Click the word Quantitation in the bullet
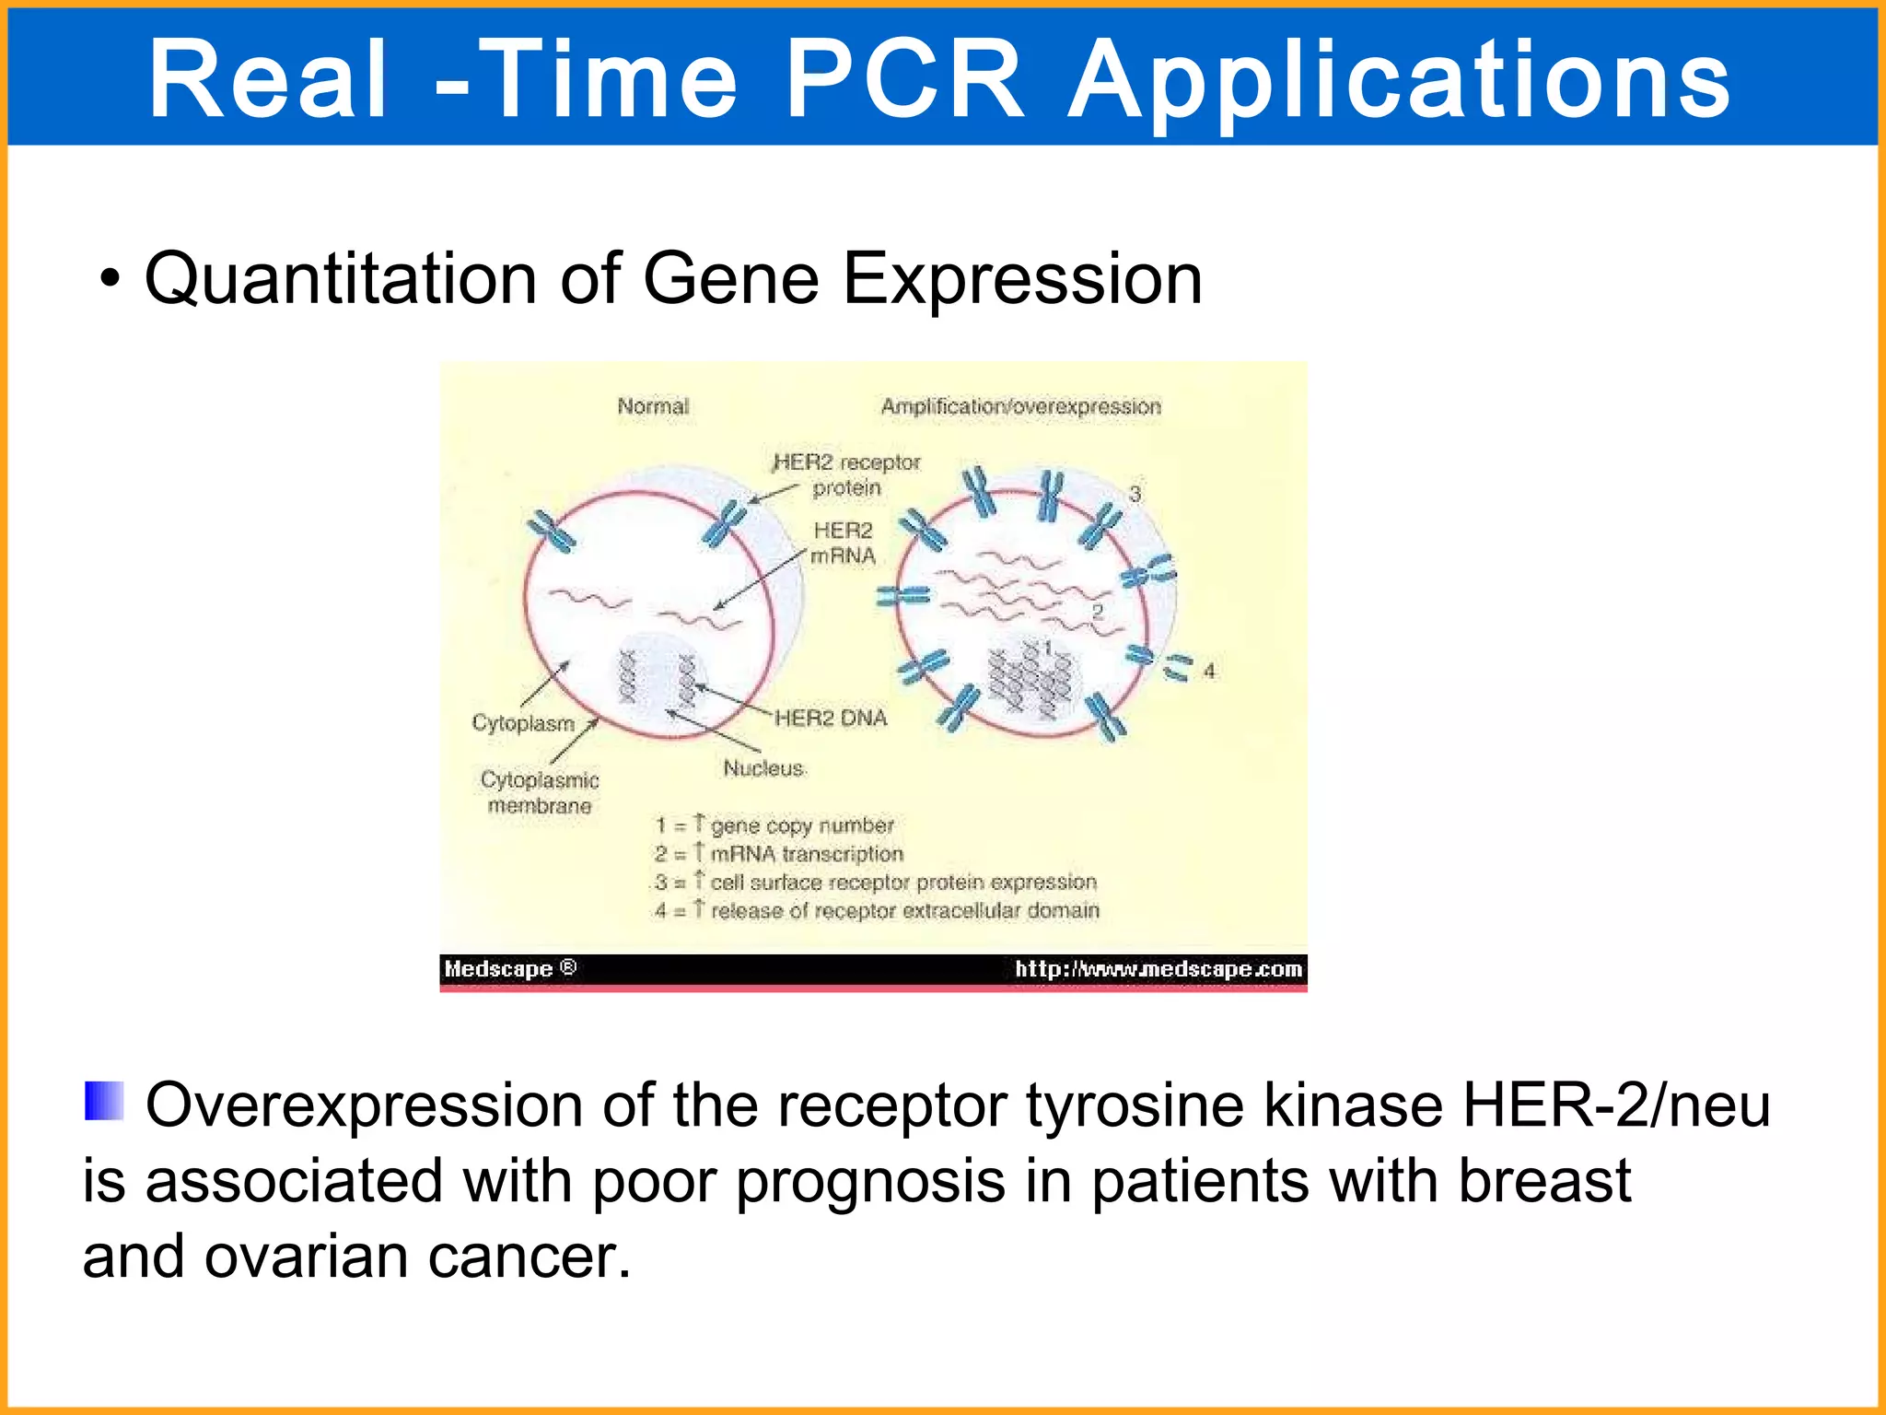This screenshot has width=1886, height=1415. pyautogui.click(x=341, y=278)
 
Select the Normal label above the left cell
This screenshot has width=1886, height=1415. pyautogui.click(x=653, y=406)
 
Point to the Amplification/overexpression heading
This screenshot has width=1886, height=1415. pyautogui.click(x=1020, y=406)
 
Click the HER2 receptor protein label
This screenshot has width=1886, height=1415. pyautogui.click(x=846, y=474)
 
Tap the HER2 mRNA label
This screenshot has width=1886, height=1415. pyautogui.click(x=843, y=543)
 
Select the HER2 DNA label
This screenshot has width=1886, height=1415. pyautogui.click(x=831, y=718)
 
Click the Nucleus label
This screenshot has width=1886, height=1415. pyautogui.click(x=763, y=767)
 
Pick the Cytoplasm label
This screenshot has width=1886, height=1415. pyautogui.click(x=522, y=723)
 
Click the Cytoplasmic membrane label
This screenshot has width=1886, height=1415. pyautogui.click(x=540, y=792)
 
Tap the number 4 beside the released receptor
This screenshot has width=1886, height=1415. pyautogui.click(x=1209, y=672)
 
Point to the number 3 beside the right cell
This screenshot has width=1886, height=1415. pyautogui.click(x=1135, y=495)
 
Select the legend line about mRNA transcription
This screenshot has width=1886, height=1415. pyautogui.click(x=779, y=853)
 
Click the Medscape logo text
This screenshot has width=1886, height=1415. pyautogui.click(x=509, y=968)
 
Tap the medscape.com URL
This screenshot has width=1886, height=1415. pyautogui.click(x=1158, y=968)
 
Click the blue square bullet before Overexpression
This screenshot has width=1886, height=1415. pyautogui.click(x=104, y=1101)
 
